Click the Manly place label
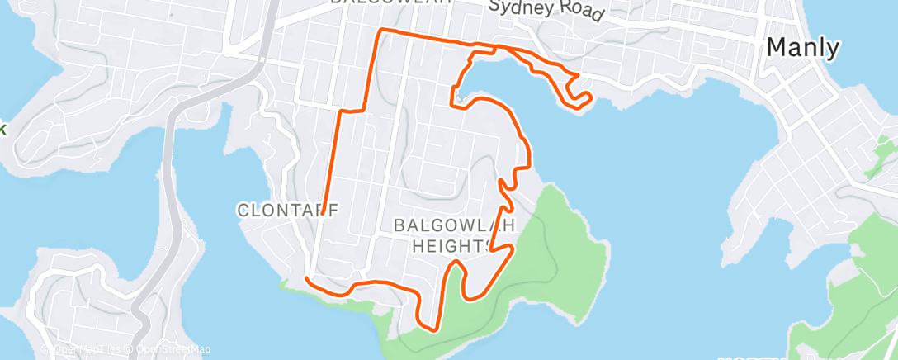(x=803, y=48)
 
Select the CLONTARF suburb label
(x=287, y=211)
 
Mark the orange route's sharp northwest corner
(x=380, y=31)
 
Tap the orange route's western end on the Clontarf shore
(x=306, y=279)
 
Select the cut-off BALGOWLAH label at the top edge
(x=390, y=2)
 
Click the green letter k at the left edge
(x=2, y=129)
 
